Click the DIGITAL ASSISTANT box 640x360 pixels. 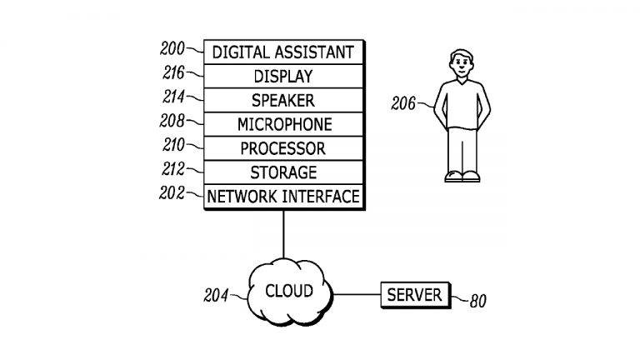coord(283,52)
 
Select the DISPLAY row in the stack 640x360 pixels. coord(283,77)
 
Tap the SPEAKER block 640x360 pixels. coord(283,101)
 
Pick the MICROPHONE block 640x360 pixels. coord(283,125)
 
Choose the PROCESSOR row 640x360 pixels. coord(283,149)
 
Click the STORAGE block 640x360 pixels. coord(283,173)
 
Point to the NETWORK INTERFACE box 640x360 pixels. coord(283,197)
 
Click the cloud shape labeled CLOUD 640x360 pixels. coord(288,292)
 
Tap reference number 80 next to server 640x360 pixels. coord(478,302)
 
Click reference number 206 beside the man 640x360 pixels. coord(404,103)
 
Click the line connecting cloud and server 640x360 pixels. coord(357,294)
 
